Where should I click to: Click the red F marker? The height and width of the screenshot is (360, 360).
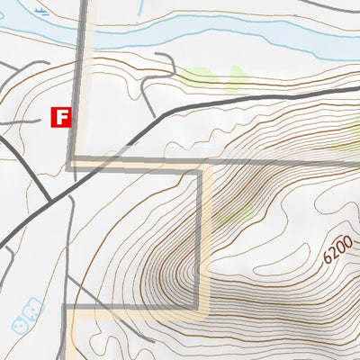point(61,116)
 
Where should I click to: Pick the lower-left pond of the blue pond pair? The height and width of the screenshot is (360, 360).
point(19,321)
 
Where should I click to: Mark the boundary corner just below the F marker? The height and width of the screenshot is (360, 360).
point(70,163)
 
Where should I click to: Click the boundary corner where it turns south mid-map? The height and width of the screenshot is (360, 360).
point(200,166)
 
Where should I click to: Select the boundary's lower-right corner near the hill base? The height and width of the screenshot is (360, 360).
point(200,306)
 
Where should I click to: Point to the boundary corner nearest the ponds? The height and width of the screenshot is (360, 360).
point(65,307)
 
